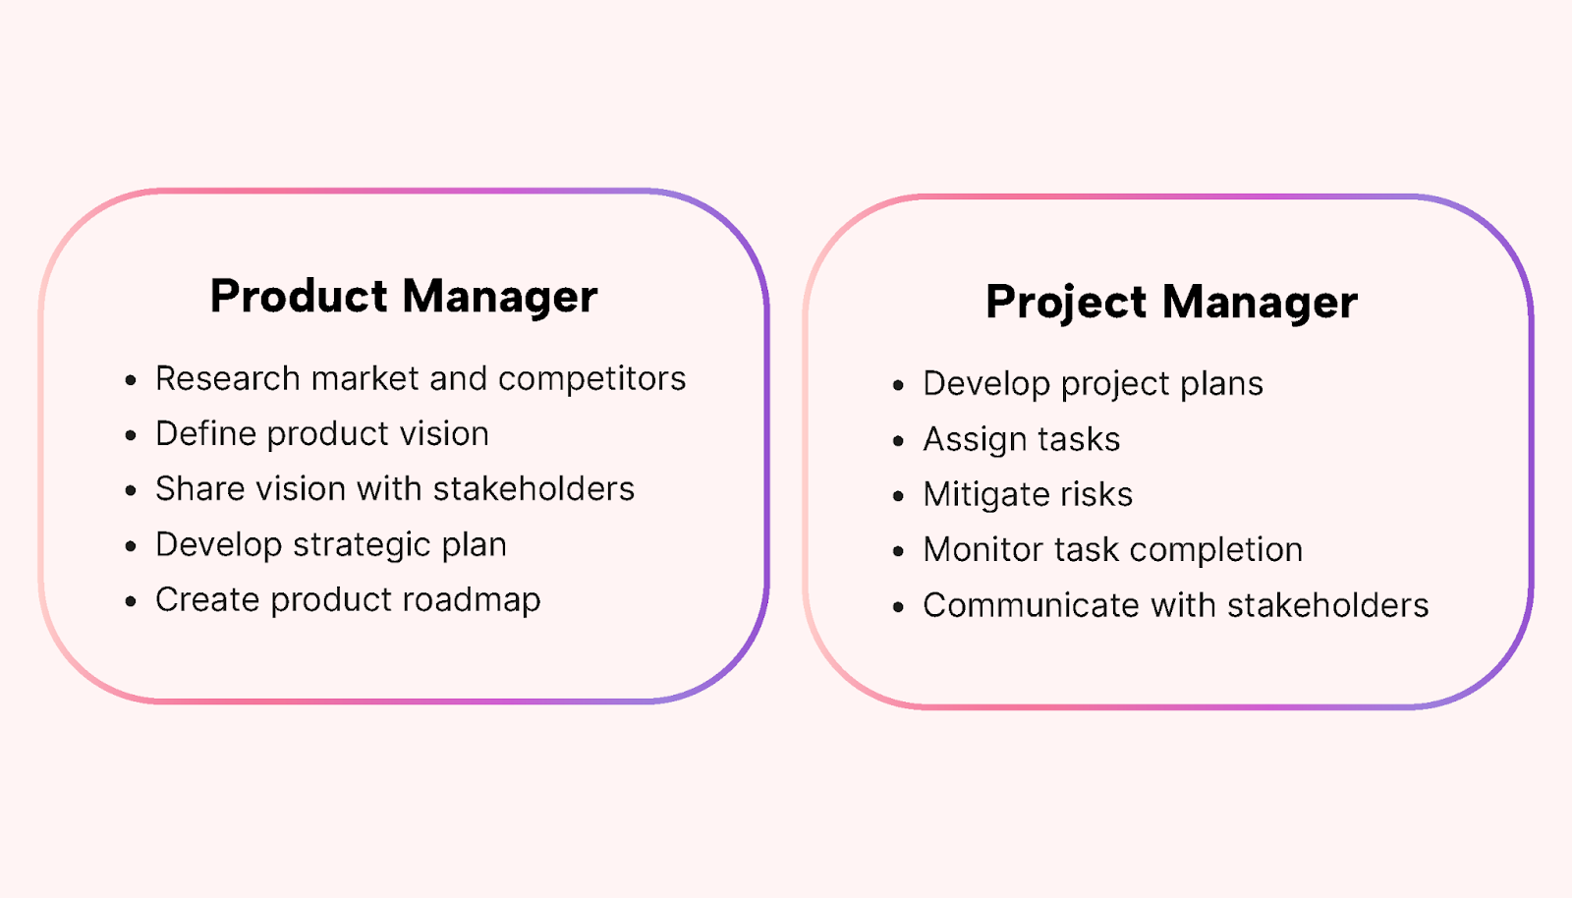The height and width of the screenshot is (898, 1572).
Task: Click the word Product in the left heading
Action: pos(299,296)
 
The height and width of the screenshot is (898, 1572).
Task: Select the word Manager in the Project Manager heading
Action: pos(1260,303)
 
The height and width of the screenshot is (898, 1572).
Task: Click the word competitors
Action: pos(591,379)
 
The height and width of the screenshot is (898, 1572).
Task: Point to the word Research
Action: pos(227,378)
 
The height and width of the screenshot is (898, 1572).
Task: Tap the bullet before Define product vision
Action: pos(131,435)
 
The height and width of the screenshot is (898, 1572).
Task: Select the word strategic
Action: pos(361,545)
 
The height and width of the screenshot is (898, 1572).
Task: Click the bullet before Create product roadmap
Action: pos(131,601)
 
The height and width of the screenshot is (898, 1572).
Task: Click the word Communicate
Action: pos(1032,605)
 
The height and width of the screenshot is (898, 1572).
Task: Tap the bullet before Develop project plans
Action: pos(898,385)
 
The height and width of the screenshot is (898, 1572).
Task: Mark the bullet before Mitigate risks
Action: pos(898,496)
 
